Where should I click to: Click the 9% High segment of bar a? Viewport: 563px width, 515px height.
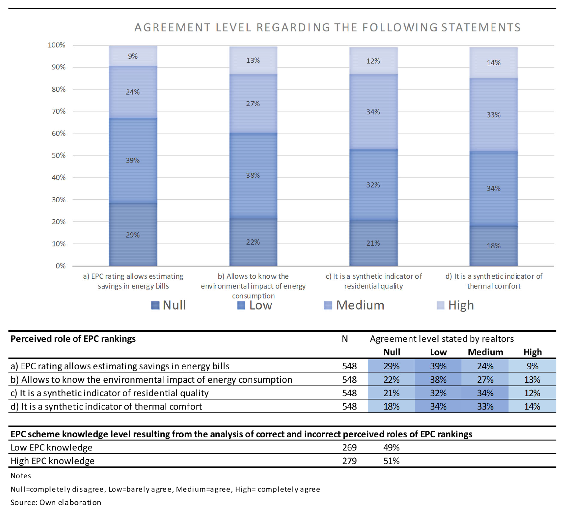coord(133,56)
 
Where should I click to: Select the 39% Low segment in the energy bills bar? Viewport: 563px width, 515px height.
coord(133,160)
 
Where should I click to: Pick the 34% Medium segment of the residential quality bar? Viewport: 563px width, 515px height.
coord(373,112)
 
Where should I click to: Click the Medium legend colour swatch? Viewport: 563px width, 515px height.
coord(328,305)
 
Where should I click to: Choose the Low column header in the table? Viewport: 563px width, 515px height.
coord(438,352)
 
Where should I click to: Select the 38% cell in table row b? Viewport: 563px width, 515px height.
coord(438,379)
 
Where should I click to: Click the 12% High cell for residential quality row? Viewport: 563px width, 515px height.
coord(532,393)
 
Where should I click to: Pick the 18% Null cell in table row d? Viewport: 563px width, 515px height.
coord(391,406)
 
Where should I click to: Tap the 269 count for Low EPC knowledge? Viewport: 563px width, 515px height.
coord(349,447)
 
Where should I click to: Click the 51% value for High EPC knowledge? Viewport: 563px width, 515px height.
coord(391,461)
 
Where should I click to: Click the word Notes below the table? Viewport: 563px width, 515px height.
coord(21,476)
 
